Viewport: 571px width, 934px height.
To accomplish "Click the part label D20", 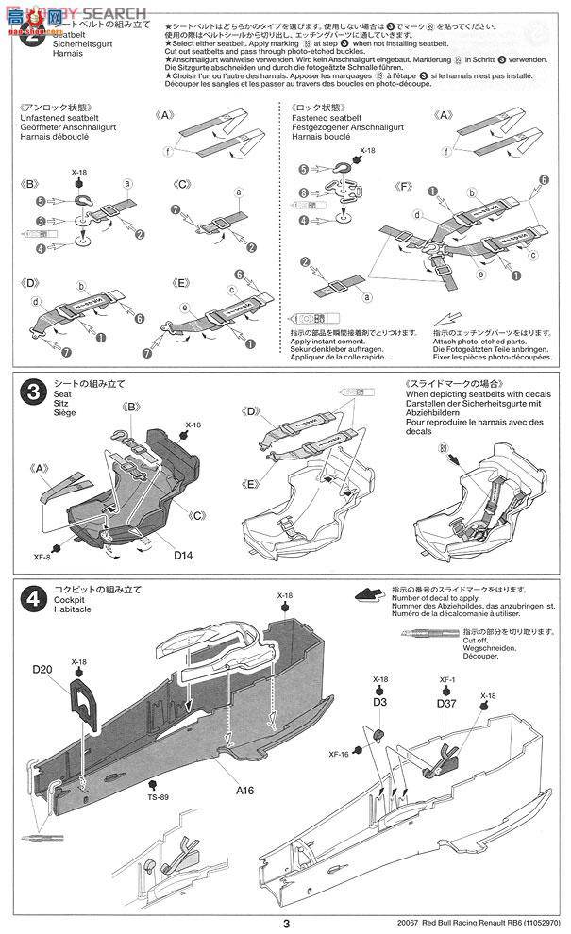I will pyautogui.click(x=42, y=669).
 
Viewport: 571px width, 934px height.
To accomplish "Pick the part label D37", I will pyautogui.click(x=446, y=702).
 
